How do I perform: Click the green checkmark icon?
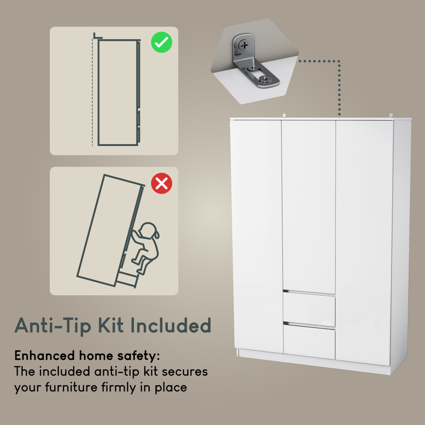(161, 42)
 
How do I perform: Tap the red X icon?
(161, 183)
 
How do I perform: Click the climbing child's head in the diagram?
(148, 231)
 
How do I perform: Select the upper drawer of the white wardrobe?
(309, 309)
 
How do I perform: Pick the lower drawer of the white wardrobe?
(309, 341)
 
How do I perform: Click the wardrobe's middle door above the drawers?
(309, 206)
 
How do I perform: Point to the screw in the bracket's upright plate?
(244, 45)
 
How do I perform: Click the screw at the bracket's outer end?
(264, 79)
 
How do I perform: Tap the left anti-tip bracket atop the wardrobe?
(284, 115)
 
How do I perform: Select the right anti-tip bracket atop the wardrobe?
(391, 115)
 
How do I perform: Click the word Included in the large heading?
(171, 325)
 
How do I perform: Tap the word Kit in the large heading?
(111, 325)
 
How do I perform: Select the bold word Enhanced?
(45, 355)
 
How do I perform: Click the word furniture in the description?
(71, 387)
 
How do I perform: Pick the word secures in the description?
(185, 372)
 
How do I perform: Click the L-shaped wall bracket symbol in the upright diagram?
(97, 36)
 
